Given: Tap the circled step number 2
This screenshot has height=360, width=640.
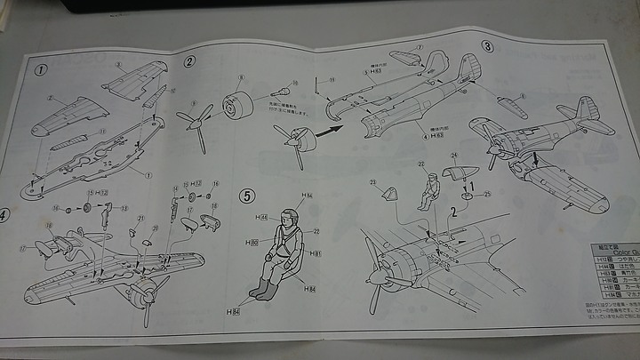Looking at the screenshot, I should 190,62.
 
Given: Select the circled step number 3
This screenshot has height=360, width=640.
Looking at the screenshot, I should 487,45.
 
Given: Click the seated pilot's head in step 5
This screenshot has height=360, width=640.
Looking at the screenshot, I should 289,216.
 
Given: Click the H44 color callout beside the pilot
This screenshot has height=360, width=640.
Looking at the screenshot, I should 263,216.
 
